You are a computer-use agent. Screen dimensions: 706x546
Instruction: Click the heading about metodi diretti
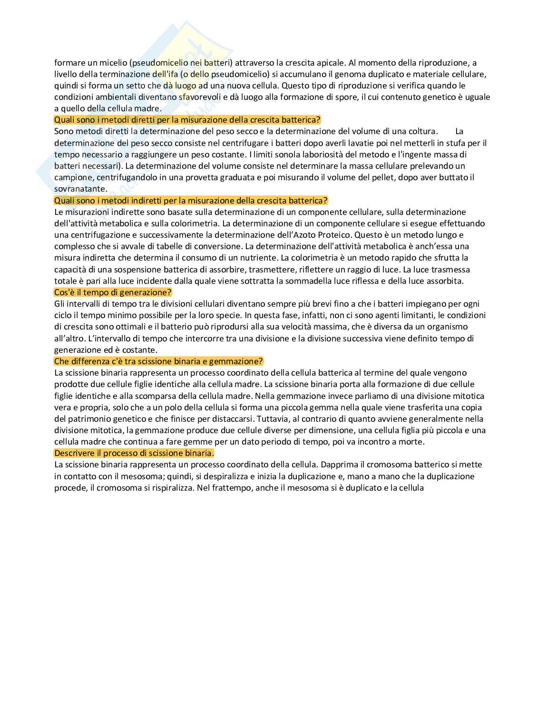pyautogui.click(x=187, y=120)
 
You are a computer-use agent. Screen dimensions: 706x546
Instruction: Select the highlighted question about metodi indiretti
pyautogui.click(x=191, y=200)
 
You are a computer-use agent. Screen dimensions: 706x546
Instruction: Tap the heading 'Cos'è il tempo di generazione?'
pyautogui.click(x=113, y=292)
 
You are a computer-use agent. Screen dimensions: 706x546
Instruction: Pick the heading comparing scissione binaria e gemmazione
pyautogui.click(x=158, y=361)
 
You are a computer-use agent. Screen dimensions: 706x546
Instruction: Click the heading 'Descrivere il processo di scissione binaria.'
pyautogui.click(x=134, y=453)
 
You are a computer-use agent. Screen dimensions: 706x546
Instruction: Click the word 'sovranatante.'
pyautogui.click(x=80, y=189)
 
